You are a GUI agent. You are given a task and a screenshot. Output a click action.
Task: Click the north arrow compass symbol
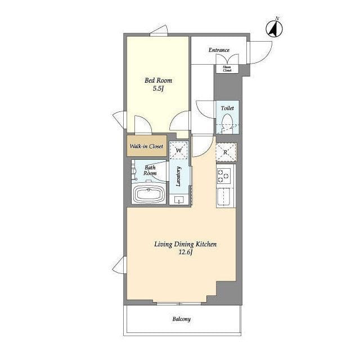tap(274, 28)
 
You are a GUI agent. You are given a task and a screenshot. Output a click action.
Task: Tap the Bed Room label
tap(158, 80)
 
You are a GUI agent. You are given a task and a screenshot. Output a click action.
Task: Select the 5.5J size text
tap(158, 89)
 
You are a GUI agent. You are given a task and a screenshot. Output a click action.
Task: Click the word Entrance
tap(219, 50)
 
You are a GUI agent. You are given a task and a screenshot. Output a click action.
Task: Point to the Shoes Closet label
tap(227, 69)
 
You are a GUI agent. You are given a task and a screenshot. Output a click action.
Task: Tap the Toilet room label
tap(227, 108)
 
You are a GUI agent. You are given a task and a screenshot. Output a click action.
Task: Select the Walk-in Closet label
tap(146, 146)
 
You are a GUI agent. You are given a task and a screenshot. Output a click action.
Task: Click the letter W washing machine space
tap(179, 151)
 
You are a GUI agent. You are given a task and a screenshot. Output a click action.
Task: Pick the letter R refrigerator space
tap(226, 152)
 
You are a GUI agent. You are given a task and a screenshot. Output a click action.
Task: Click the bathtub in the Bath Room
tap(148, 193)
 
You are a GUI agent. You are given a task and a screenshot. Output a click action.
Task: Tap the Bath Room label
tap(150, 170)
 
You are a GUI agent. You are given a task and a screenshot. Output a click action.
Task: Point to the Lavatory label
tap(178, 176)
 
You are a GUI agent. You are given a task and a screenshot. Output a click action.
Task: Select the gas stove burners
tap(224, 176)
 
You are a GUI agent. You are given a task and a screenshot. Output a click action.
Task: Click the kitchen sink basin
tap(223, 197)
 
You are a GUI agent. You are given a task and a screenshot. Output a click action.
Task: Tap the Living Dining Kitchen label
tap(185, 244)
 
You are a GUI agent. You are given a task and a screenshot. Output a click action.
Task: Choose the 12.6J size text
tap(186, 253)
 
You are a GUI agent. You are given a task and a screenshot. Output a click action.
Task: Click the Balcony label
tap(182, 319)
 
